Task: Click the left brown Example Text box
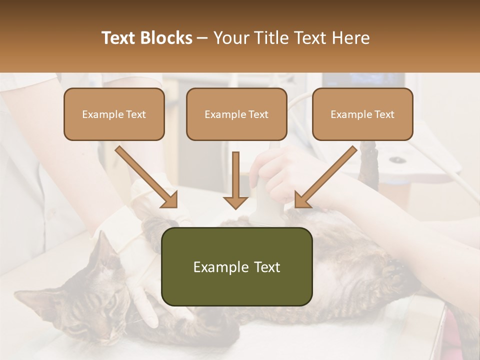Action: click(114, 114)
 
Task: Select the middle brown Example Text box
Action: click(236, 114)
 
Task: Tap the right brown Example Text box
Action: click(362, 114)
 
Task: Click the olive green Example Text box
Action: click(236, 266)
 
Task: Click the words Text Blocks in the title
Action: click(146, 38)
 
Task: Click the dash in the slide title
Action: click(203, 38)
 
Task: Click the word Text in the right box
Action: click(384, 114)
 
